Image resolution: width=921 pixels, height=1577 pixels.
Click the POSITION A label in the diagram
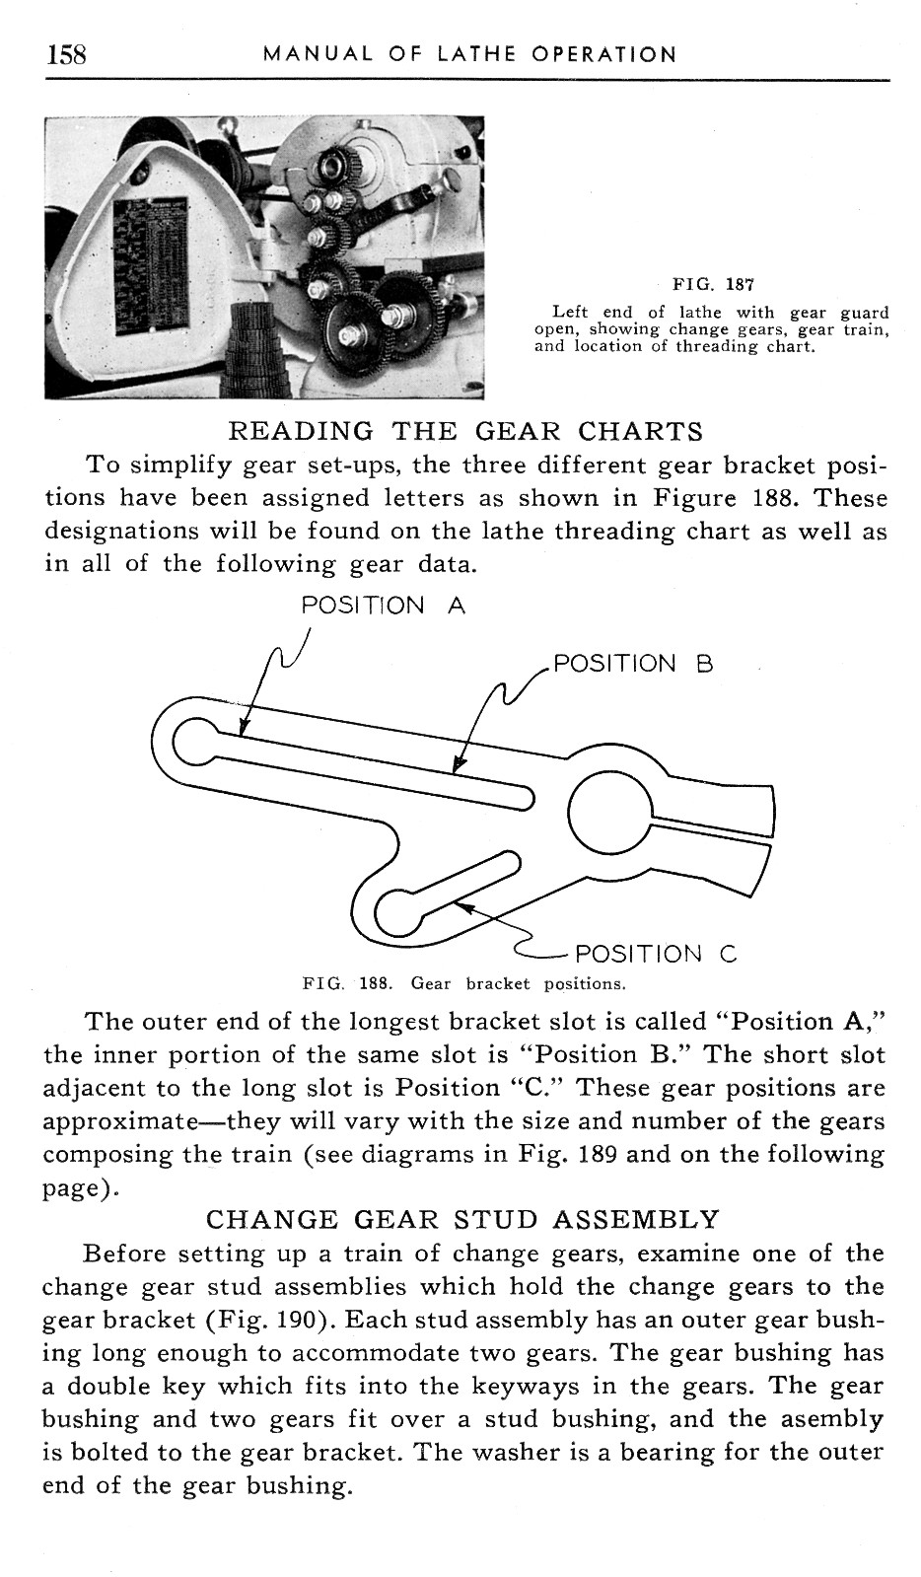(x=383, y=606)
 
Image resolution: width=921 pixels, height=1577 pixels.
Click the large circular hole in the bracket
(x=608, y=813)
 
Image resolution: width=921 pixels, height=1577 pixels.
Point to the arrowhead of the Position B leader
(x=457, y=768)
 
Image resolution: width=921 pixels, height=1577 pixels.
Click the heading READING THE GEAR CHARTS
(x=465, y=431)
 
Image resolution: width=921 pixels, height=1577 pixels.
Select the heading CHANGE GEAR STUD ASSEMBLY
(x=462, y=1220)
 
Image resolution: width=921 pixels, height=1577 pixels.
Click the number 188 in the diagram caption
(x=371, y=983)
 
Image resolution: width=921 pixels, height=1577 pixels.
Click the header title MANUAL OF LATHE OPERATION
(x=469, y=54)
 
